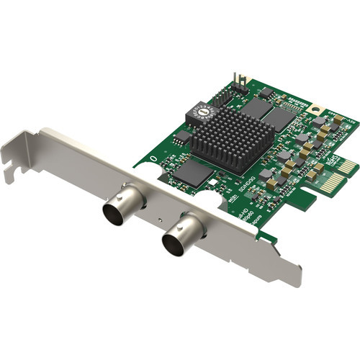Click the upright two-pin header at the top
coord(243,80)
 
